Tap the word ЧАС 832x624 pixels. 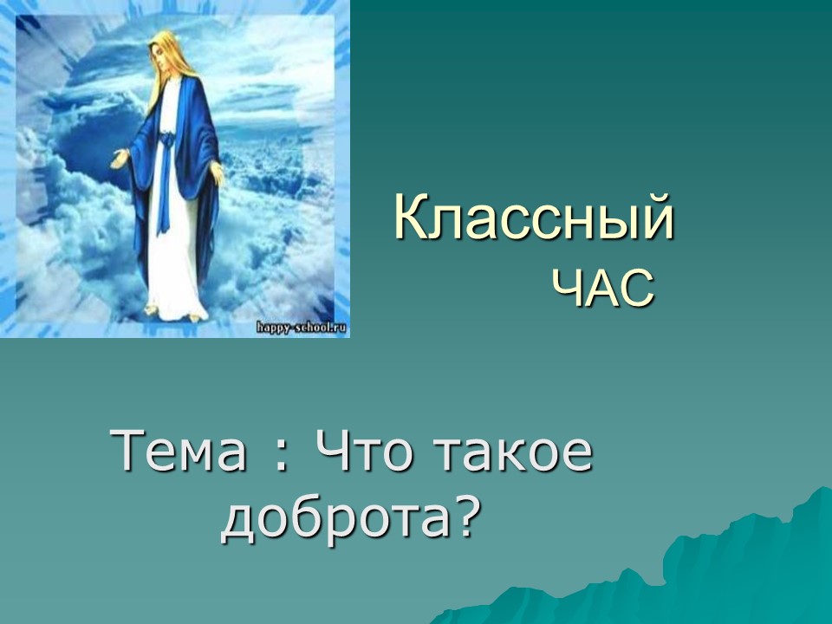pos(604,288)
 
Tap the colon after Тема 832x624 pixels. pos(281,458)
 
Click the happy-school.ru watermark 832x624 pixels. pos(302,328)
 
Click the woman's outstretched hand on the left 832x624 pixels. pos(120,159)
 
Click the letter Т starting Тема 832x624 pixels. pos(127,451)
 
